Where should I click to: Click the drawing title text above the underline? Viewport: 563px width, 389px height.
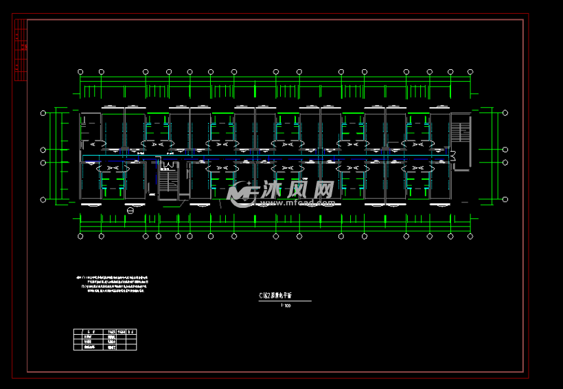276,295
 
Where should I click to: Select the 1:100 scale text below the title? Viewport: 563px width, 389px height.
286,306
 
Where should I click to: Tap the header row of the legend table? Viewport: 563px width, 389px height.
105,331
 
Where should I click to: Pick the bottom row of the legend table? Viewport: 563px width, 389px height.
105,348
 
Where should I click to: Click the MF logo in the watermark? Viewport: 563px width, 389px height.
241,195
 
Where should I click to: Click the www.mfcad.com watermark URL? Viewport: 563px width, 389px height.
297,203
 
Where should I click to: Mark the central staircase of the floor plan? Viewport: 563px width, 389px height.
168,180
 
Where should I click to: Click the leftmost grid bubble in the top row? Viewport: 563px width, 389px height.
80,71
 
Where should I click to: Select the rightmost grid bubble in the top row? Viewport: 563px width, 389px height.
470,71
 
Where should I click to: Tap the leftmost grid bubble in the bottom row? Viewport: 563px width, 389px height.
80,236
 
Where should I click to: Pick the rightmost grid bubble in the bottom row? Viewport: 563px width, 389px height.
470,236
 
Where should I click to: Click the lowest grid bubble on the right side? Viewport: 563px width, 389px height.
505,199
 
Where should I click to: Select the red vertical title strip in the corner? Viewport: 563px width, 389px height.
21,49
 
